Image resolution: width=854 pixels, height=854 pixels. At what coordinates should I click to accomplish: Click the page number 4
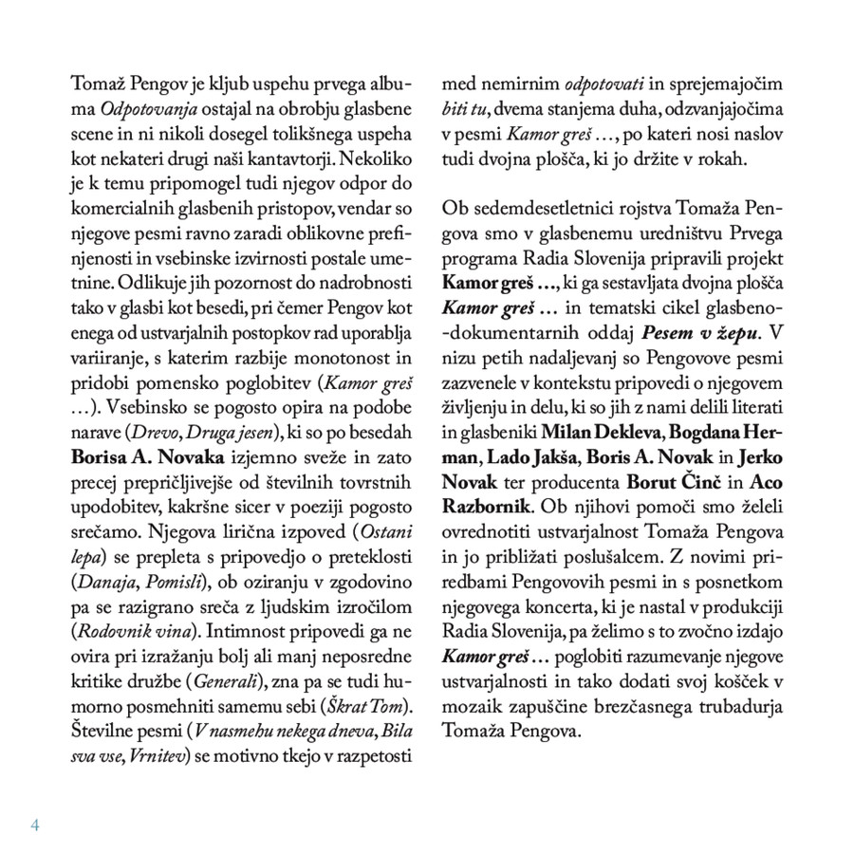[x=36, y=824]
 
